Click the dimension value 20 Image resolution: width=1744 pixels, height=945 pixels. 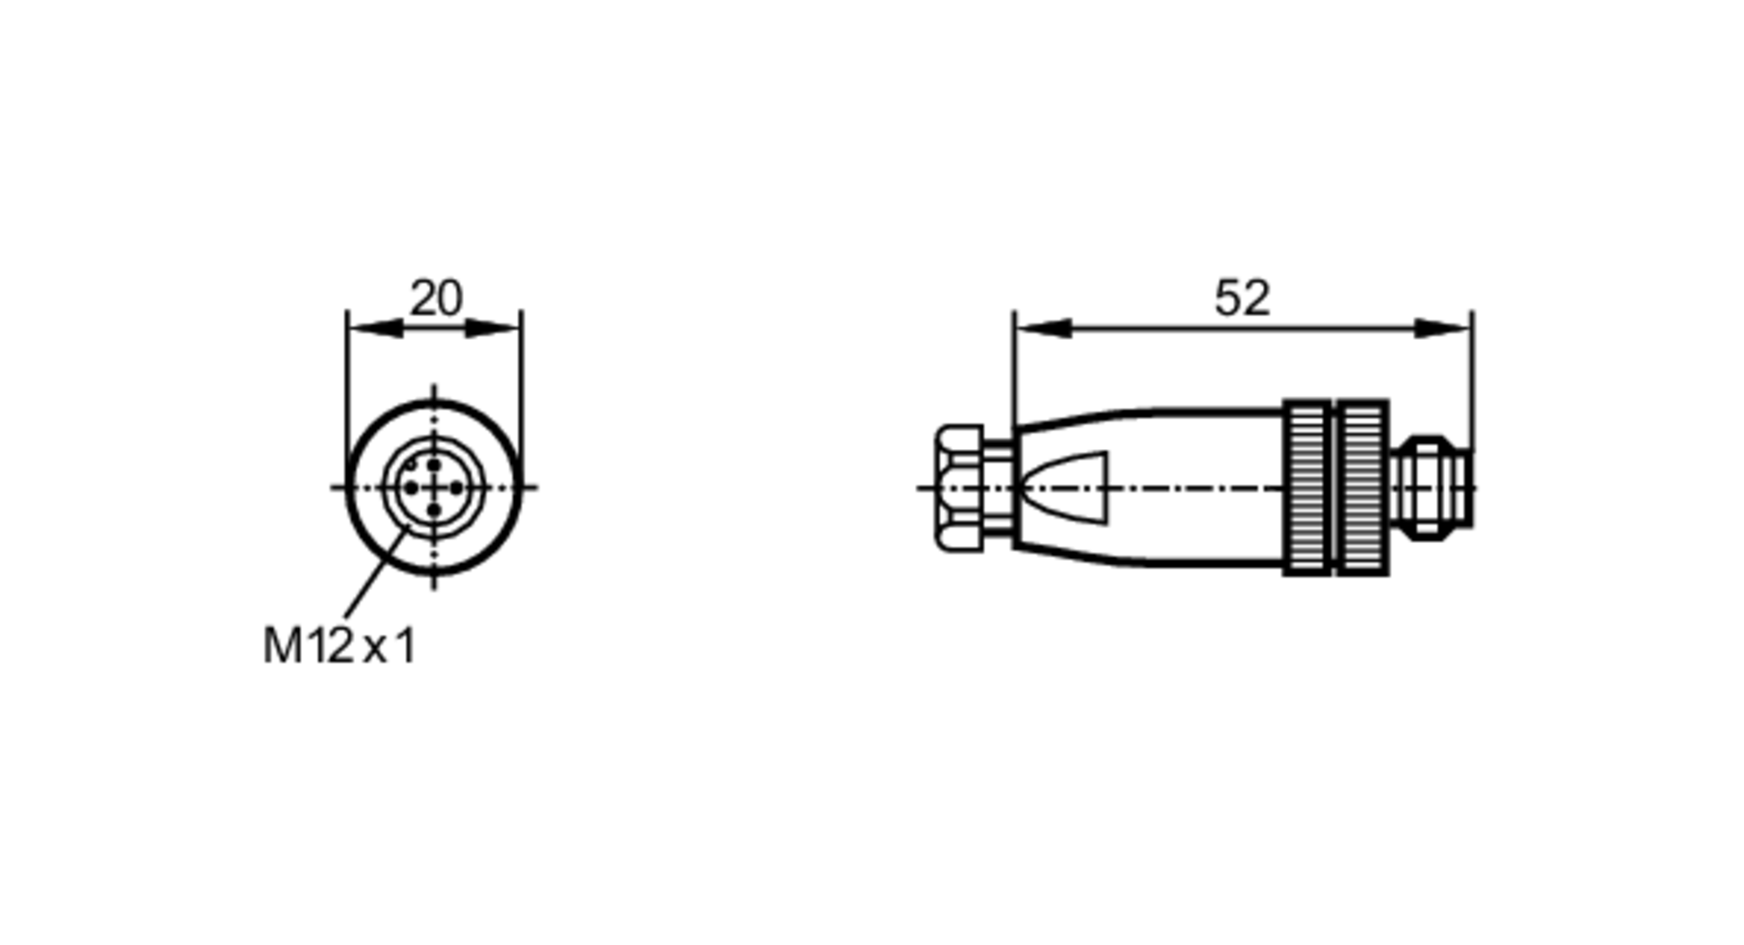[435, 299]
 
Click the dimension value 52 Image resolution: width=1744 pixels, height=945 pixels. [1242, 299]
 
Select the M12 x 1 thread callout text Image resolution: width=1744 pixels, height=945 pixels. [340, 647]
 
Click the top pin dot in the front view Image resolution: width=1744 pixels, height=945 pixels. [434, 466]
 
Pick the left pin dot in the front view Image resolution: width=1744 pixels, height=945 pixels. [411, 487]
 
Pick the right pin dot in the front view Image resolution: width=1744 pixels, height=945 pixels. [457, 487]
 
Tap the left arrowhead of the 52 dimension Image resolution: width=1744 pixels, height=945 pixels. [1042, 329]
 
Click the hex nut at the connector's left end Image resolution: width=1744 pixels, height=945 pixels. [960, 488]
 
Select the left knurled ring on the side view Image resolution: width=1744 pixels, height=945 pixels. [1308, 488]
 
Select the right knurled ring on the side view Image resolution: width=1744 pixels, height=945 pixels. [1362, 488]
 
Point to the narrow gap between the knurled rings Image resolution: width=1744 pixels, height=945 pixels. [1335, 488]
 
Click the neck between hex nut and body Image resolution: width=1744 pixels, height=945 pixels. [998, 488]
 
